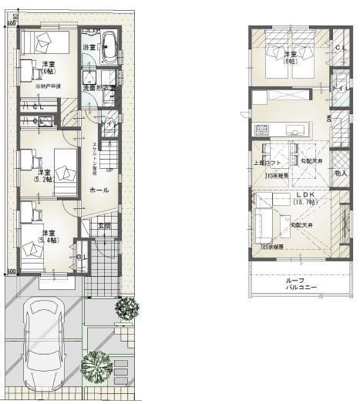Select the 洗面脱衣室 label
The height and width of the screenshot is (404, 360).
point(99,89)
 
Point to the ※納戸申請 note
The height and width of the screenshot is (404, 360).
point(48,87)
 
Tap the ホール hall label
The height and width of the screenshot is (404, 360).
point(99,190)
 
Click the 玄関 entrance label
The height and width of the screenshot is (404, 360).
point(104,226)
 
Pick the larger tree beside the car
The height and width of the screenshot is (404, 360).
point(96,363)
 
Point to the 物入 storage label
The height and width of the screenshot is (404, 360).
point(341,175)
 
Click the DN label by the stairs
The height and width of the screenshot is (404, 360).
point(328,118)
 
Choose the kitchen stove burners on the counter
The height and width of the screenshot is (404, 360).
point(294,128)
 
